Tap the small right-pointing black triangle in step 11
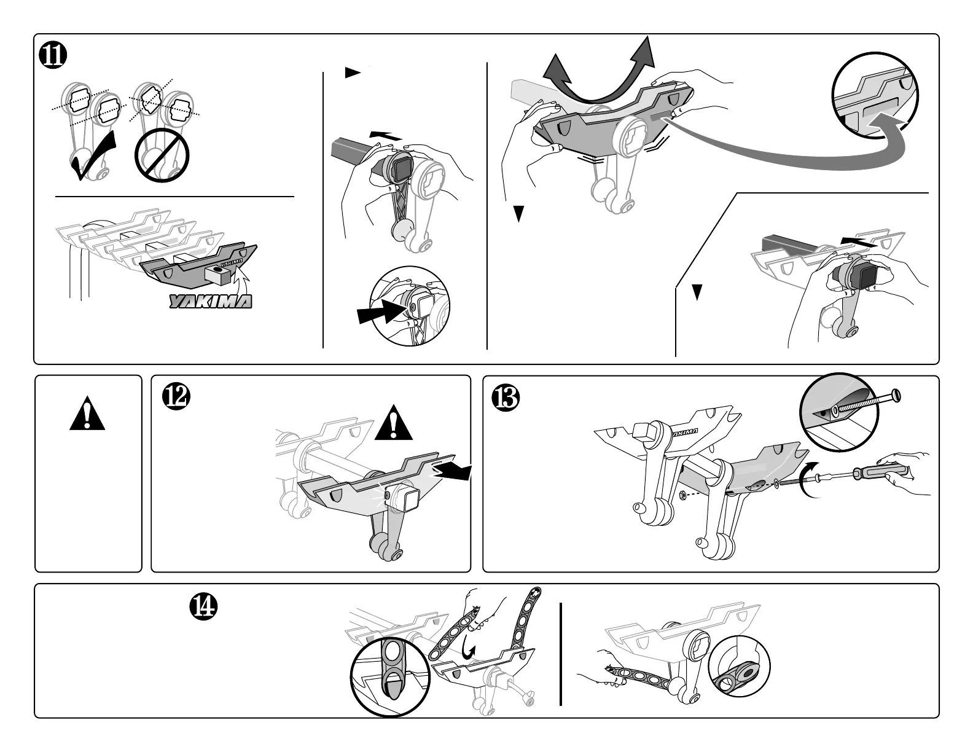click(351, 73)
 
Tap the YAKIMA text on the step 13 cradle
click(685, 433)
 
